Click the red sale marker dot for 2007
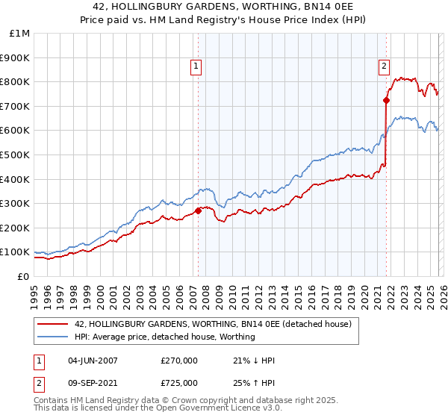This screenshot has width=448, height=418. pyautogui.click(x=198, y=210)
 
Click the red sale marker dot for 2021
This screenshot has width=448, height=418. pyautogui.click(x=386, y=100)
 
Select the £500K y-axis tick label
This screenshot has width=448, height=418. pyautogui.click(x=15, y=155)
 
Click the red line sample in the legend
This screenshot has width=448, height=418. pyautogui.click(x=54, y=325)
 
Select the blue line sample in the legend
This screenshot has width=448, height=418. pyautogui.click(x=54, y=337)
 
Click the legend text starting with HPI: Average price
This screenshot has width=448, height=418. pyautogui.click(x=164, y=337)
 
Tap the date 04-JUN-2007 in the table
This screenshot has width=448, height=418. pyautogui.click(x=93, y=361)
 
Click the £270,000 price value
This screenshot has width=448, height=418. pyautogui.click(x=179, y=361)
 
